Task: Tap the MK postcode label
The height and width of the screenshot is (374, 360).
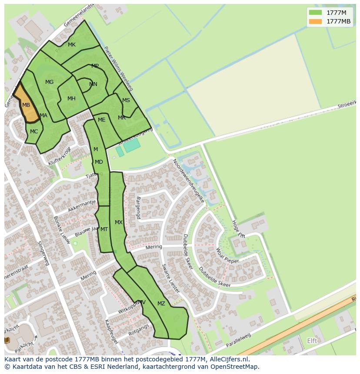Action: (x=72, y=45)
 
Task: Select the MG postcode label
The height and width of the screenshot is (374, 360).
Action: (x=50, y=82)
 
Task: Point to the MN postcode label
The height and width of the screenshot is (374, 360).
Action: (x=93, y=84)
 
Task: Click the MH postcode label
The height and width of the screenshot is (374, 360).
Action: (x=71, y=99)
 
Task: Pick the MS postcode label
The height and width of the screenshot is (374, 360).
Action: (x=126, y=100)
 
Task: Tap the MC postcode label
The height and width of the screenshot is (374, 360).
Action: (x=34, y=132)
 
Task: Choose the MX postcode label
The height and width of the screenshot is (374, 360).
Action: (x=119, y=222)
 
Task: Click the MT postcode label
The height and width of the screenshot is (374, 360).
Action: (x=104, y=229)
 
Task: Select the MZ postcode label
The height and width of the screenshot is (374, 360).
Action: (x=161, y=304)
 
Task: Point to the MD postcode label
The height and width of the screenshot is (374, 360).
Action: (x=99, y=162)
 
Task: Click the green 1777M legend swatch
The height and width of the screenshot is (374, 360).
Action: (x=315, y=13)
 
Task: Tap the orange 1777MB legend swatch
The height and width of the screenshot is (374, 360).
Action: (x=315, y=21)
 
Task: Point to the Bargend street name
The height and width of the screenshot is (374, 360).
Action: (x=139, y=208)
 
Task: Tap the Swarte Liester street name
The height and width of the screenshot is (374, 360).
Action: (x=170, y=278)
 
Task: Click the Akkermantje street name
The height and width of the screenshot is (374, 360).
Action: (x=82, y=205)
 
